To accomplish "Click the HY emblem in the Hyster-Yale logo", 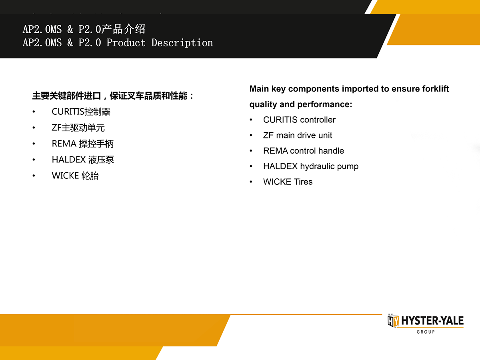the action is click(x=393, y=321).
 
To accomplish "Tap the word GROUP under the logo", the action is click(x=426, y=332).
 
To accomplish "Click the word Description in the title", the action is click(x=182, y=43).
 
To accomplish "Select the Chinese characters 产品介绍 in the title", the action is click(x=123, y=29).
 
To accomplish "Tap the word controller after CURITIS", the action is click(x=318, y=120).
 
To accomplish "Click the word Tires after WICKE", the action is click(x=303, y=182).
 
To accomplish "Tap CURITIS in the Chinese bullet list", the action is click(x=68, y=112).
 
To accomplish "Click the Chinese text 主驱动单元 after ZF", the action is click(x=83, y=128).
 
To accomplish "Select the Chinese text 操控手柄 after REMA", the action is click(x=96, y=144).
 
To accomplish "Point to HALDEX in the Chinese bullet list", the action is click(x=69, y=160).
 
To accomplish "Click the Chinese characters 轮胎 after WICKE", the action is click(x=90, y=176).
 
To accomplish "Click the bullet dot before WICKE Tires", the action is click(x=251, y=182).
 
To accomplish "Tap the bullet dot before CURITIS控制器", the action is click(x=34, y=112).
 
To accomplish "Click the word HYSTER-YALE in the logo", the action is click(x=432, y=321).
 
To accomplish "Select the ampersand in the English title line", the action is click(x=70, y=43).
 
